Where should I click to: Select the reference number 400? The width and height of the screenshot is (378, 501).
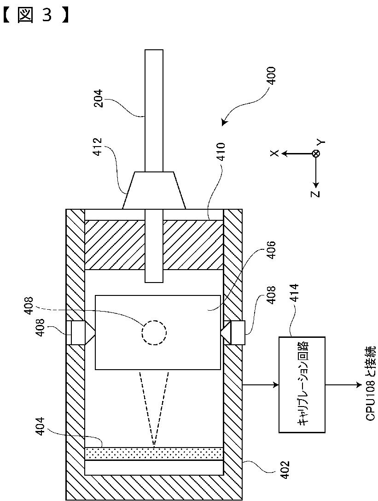tap(271, 76)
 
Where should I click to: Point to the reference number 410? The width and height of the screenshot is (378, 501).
tap(220, 152)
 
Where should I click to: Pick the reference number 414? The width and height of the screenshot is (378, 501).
tap(294, 293)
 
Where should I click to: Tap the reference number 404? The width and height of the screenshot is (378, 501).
tap(41, 426)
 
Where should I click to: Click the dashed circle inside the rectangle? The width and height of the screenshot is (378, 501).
tap(154, 333)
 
